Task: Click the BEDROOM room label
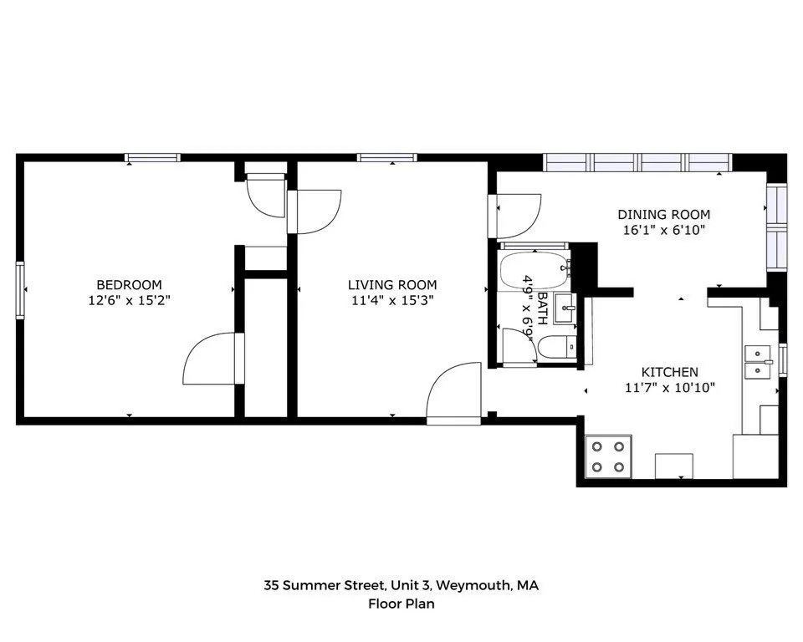point(129,284)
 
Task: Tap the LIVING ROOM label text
point(392,285)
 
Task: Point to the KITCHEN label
point(669,372)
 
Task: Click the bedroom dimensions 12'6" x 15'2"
point(129,299)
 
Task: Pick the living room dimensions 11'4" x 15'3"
point(392,300)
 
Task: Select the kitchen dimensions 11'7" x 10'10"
point(669,387)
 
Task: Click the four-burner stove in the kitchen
point(607,456)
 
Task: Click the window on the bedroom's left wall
point(20,290)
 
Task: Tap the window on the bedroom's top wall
point(152,157)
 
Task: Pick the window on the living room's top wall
point(386,157)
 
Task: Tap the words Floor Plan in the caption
point(401,604)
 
